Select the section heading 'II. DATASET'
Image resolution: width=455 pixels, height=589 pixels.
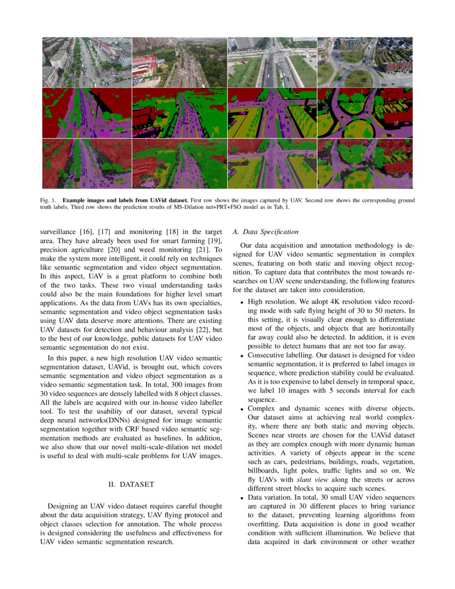pos(131,485)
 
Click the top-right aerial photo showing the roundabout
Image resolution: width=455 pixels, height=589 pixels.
pos(365,62)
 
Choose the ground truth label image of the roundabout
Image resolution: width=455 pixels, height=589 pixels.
pos(365,113)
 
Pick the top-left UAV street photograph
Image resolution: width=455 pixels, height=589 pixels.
pos(87,62)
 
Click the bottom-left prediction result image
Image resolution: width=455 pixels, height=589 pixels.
pos(87,163)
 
